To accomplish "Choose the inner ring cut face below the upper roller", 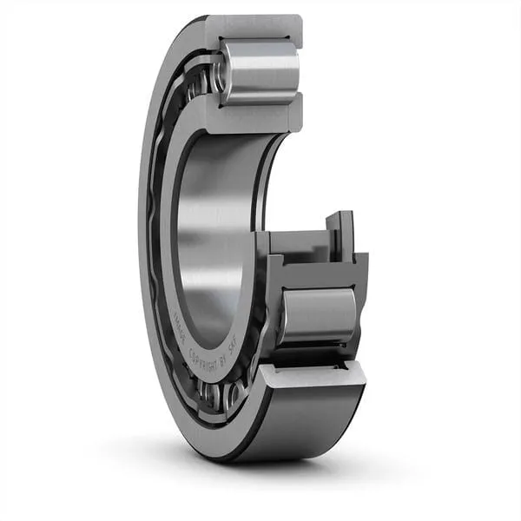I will coord(252,114).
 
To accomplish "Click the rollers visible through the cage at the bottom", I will coord(221,395).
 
